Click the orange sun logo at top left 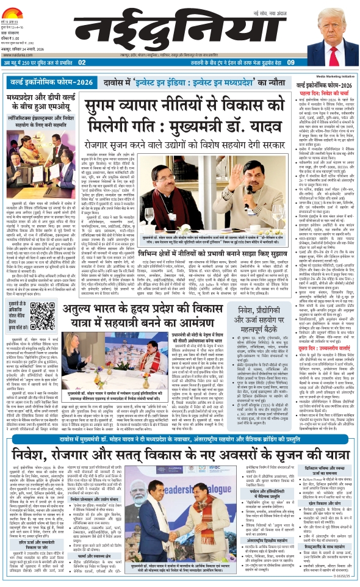12,7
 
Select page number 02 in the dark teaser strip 82,62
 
